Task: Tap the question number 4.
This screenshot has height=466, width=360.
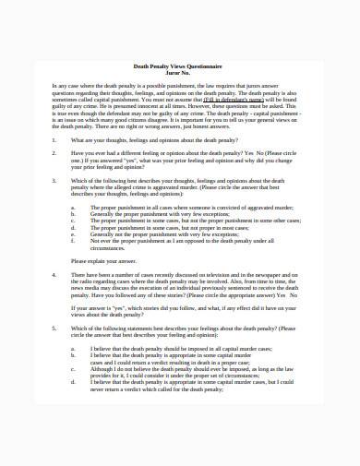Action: point(54,274)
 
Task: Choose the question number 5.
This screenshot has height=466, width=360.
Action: point(54,329)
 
